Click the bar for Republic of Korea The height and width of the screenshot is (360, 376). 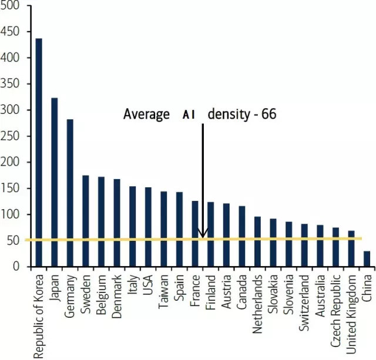click(39, 153)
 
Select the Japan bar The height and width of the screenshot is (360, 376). click(55, 182)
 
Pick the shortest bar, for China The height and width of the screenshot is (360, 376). click(367, 259)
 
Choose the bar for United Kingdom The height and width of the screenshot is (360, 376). click(351, 249)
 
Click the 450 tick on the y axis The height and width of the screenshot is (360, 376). click(11, 32)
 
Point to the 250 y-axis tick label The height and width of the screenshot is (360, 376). click(11, 136)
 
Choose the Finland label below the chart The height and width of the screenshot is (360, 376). click(210, 290)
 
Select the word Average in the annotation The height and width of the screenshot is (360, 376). click(146, 114)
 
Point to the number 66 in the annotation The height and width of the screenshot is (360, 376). click(268, 114)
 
